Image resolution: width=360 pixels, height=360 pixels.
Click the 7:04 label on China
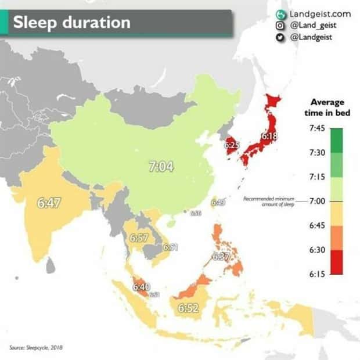(x=161, y=167)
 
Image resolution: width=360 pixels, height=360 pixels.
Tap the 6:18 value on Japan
(x=269, y=137)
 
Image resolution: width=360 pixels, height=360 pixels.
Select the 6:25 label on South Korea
(x=232, y=145)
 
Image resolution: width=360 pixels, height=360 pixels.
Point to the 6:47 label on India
(x=49, y=203)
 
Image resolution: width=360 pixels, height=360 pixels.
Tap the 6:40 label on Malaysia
(x=141, y=286)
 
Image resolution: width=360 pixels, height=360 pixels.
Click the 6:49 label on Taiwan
(x=218, y=202)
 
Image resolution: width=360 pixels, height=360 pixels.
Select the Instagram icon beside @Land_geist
(x=279, y=24)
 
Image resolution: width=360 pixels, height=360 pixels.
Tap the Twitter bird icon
(x=279, y=37)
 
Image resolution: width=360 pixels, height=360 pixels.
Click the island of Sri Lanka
(x=51, y=265)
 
